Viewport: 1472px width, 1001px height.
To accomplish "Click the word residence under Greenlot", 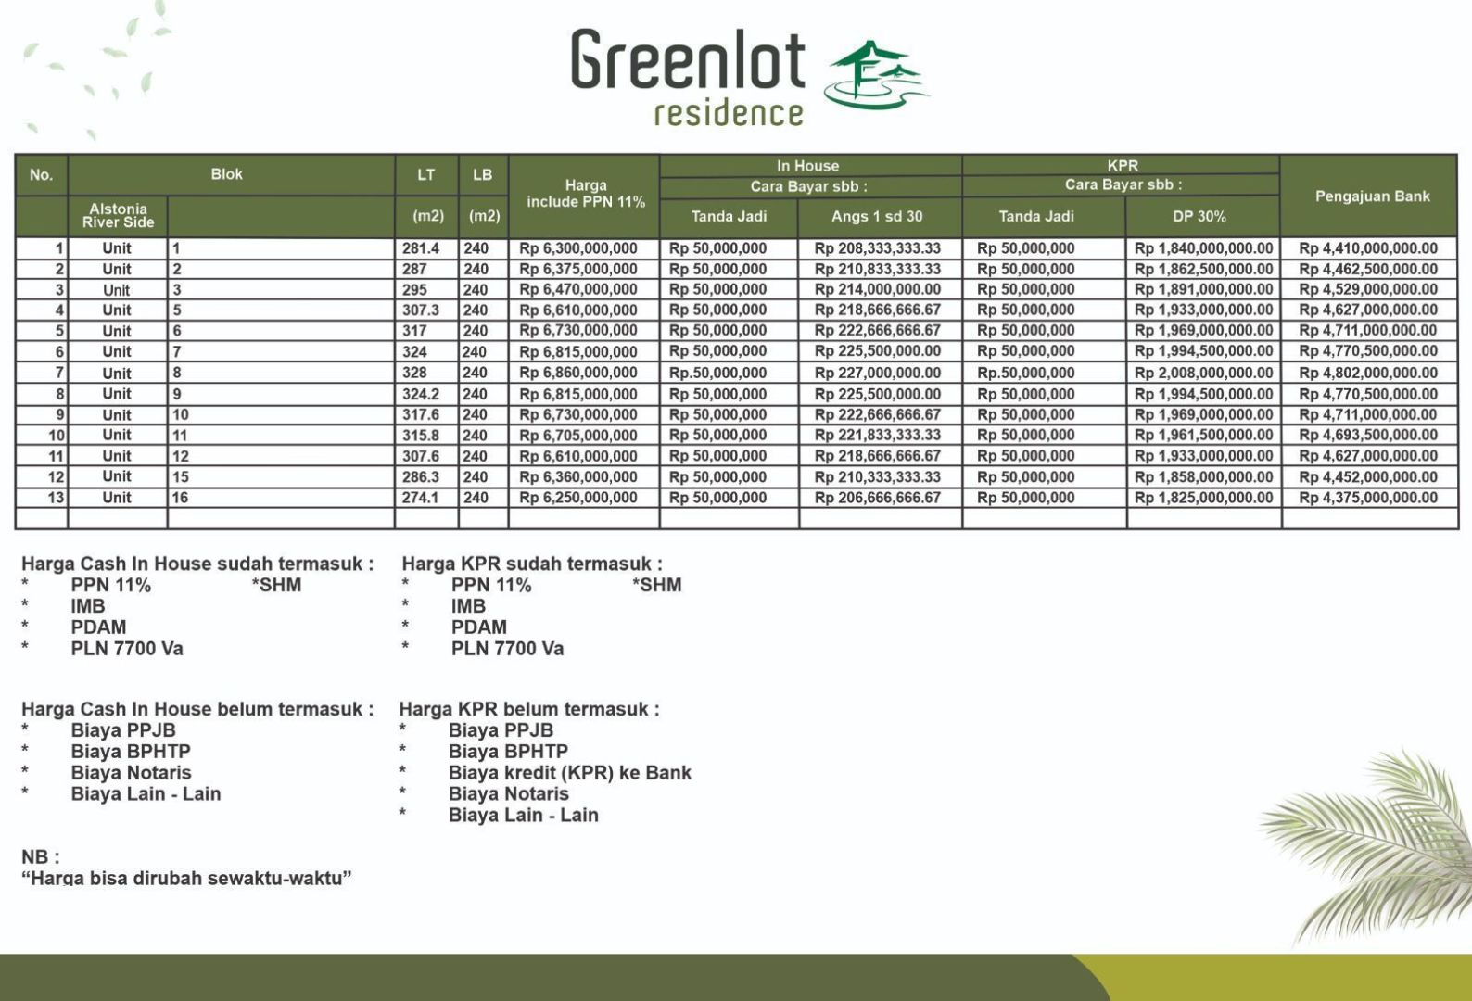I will (729, 113).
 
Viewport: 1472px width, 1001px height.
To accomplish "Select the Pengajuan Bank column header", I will (1372, 196).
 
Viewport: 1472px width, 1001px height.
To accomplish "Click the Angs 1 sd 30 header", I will (877, 217).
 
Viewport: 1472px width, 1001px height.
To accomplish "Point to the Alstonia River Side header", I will (118, 216).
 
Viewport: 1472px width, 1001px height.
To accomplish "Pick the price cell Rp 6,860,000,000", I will (578, 373).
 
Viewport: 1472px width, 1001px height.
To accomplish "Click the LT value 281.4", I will (421, 248).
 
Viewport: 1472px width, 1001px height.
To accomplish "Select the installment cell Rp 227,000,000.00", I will (877, 373).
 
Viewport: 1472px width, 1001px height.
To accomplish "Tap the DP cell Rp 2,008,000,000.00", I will (1203, 373).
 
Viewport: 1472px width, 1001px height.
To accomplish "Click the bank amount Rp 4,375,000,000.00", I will (1368, 498).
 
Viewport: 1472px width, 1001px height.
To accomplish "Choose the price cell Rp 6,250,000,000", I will (578, 498).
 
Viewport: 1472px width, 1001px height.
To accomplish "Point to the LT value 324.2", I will (421, 394).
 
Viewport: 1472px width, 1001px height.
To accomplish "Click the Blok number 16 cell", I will (180, 498).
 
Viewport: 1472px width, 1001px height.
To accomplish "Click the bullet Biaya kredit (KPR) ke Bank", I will (569, 773).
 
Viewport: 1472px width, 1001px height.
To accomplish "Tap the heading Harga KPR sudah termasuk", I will (531, 564).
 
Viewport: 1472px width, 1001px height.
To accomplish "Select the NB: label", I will (40, 856).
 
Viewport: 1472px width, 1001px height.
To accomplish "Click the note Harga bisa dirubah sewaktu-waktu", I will (186, 878).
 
